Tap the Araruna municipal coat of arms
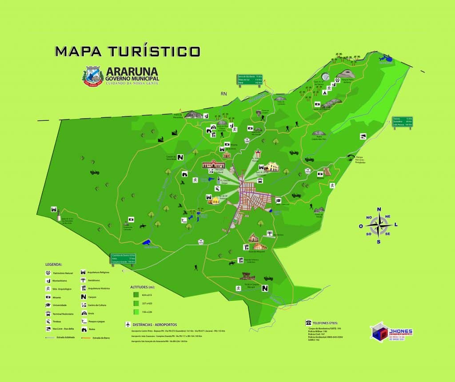(92, 75)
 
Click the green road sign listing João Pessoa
(402, 122)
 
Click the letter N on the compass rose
(379, 209)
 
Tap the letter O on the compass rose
(361, 226)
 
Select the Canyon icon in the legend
(84, 297)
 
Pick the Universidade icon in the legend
(48, 305)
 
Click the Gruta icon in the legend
(84, 313)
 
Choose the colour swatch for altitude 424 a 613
(136, 294)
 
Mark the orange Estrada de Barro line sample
(87, 338)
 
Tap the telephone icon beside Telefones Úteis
(307, 322)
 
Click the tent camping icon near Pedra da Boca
(325, 93)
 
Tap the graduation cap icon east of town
(278, 200)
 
